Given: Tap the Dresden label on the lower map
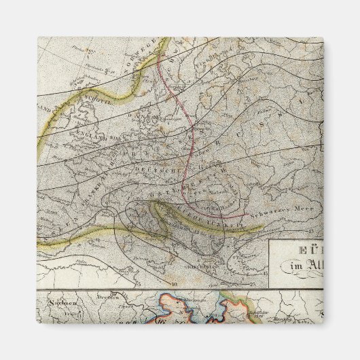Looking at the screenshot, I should click(101, 297).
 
